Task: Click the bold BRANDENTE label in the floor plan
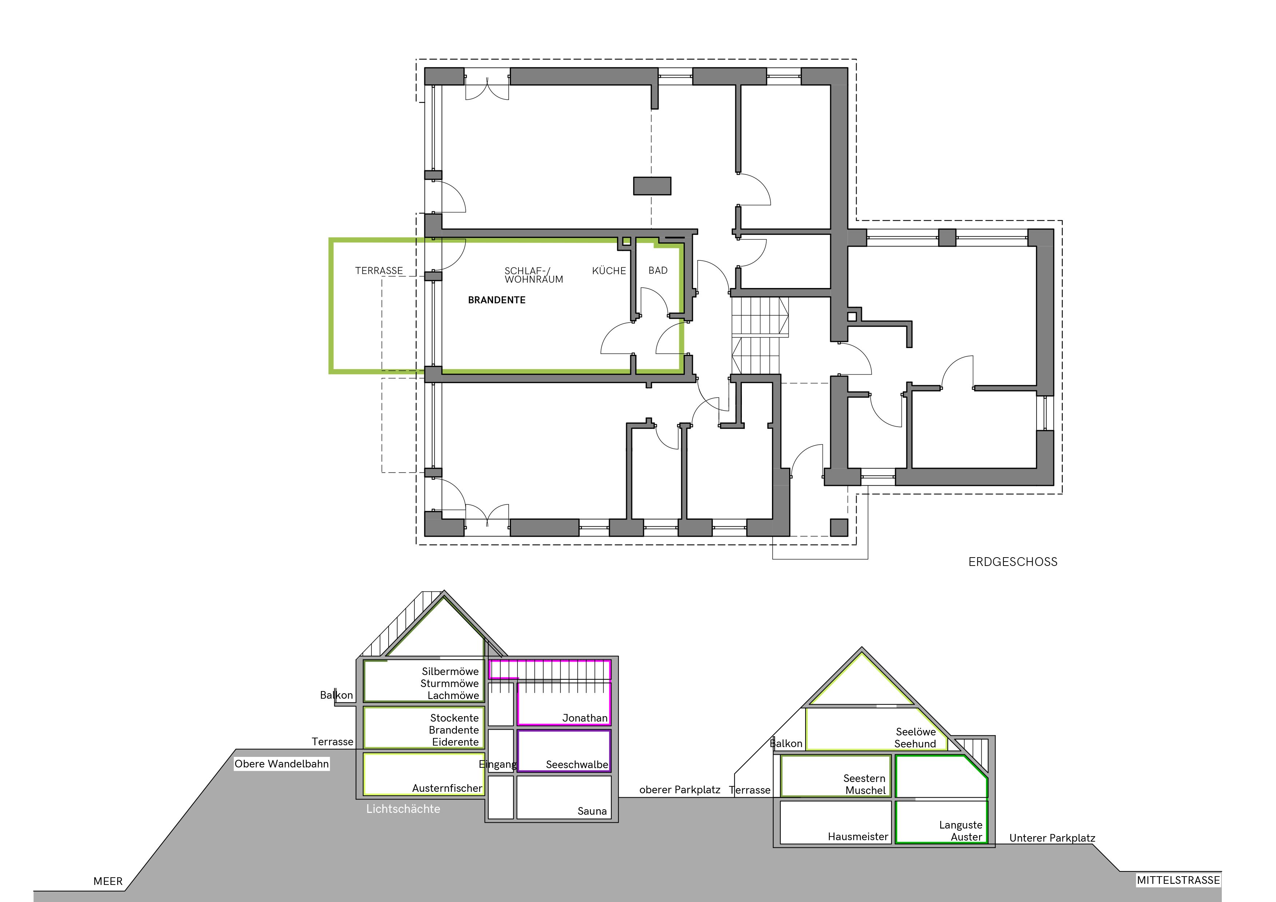496,300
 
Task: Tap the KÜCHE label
609,271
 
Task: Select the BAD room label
658,271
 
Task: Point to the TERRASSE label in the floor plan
379,271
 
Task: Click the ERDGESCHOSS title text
1013,562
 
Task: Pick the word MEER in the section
108,881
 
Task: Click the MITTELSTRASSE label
1178,880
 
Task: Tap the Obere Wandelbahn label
282,764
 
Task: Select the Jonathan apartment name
585,718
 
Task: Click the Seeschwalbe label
577,765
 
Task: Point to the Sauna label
592,811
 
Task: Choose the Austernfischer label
447,788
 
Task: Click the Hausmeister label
858,837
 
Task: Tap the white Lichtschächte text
403,809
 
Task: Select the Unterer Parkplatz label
1052,838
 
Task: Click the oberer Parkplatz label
680,790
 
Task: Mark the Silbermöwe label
450,671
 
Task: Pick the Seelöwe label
916,732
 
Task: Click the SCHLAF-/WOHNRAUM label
533,275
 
